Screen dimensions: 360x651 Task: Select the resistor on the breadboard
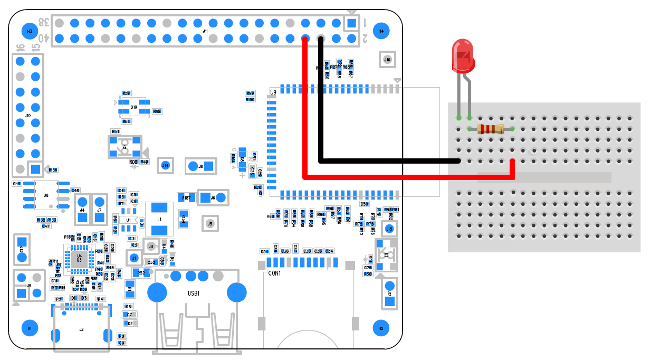(490, 129)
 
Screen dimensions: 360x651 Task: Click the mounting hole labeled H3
(30, 31)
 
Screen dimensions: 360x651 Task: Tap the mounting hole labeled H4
(381, 31)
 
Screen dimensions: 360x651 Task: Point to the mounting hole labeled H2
(381, 328)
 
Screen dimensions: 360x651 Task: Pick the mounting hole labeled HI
(30, 328)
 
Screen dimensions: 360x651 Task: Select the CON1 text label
(274, 274)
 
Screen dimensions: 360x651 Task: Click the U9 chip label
(273, 93)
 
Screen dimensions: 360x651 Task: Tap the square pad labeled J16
(388, 60)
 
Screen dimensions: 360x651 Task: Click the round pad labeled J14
(166, 166)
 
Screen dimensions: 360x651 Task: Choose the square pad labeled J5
(210, 224)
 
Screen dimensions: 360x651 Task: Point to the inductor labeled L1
(159, 219)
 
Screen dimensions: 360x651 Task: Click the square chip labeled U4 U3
(79, 258)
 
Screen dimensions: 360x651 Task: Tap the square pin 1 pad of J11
(351, 23)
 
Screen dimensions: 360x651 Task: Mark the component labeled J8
(201, 166)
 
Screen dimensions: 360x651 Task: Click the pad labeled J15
(389, 229)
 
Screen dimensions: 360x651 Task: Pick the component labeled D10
(133, 107)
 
